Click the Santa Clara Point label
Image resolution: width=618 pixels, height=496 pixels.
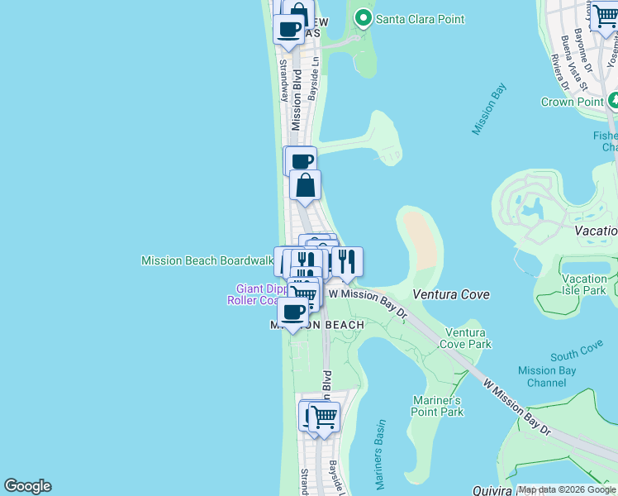click(420, 18)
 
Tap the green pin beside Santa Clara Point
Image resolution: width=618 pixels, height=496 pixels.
click(362, 18)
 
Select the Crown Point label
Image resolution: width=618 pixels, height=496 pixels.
click(569, 102)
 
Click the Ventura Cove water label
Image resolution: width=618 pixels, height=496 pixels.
click(450, 294)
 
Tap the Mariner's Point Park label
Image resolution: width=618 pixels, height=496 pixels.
click(438, 406)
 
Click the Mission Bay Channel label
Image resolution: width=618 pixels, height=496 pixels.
click(546, 377)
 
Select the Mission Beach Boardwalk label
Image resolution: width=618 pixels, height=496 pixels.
click(207, 260)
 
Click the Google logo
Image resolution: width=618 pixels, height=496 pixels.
click(27, 486)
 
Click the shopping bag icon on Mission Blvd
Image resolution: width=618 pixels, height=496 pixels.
click(305, 186)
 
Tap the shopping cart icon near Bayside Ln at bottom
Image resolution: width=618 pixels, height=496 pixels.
click(325, 416)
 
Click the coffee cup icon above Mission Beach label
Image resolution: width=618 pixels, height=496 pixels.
click(292, 312)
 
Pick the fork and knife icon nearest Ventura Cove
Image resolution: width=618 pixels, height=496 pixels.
click(347, 261)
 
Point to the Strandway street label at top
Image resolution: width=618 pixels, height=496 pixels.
click(283, 79)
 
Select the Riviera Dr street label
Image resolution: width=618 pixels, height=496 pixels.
click(559, 72)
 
